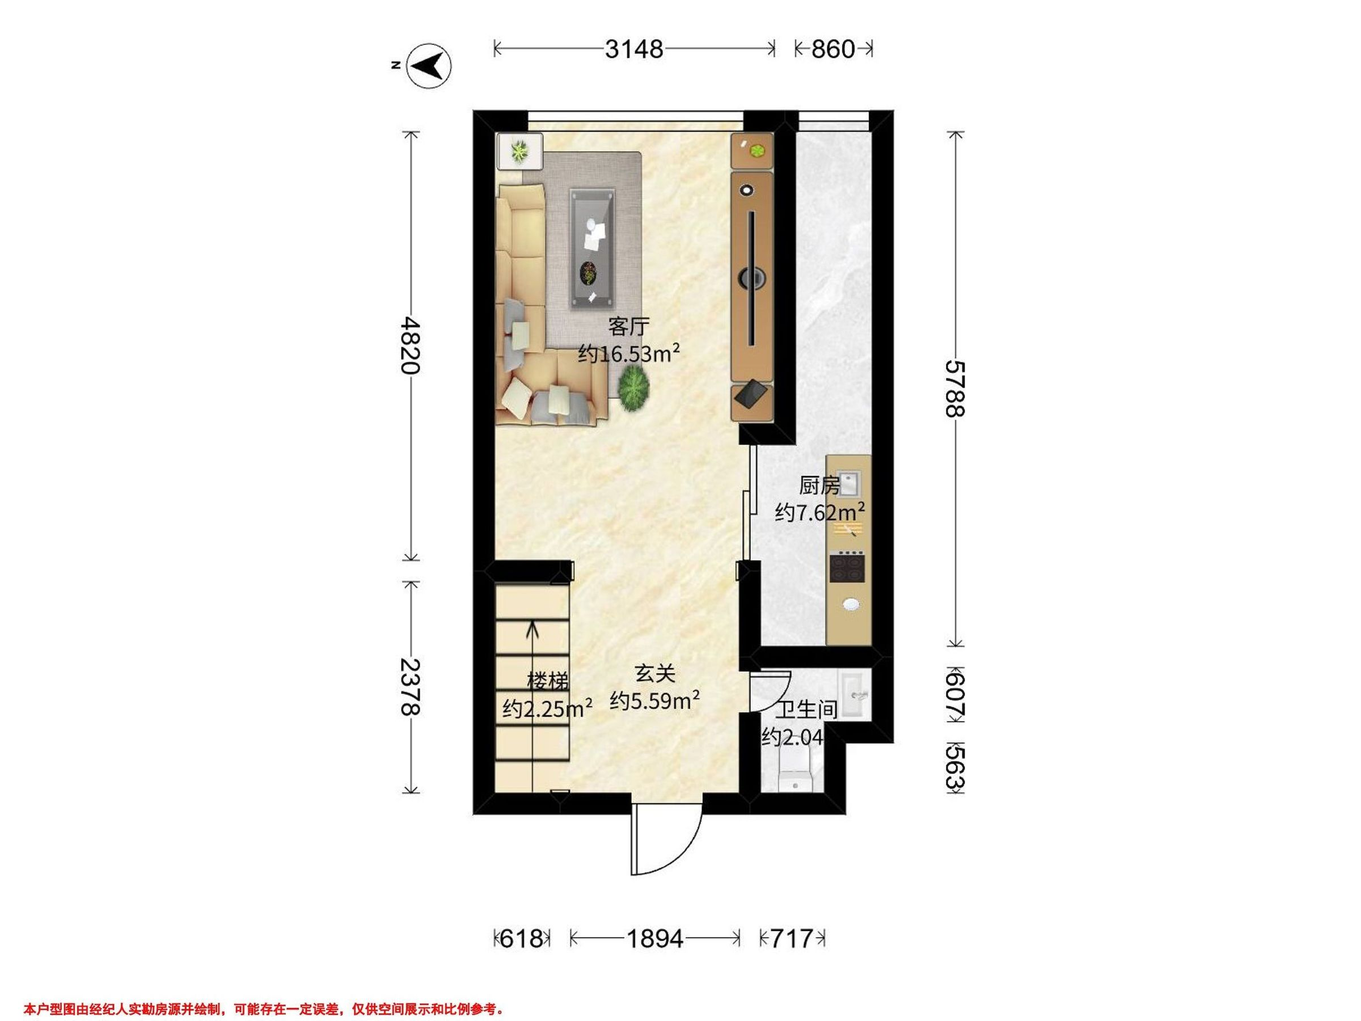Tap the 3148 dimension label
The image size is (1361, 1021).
(x=634, y=49)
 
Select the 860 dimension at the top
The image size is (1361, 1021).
(x=833, y=49)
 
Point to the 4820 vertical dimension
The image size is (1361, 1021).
(x=411, y=345)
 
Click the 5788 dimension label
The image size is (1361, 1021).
(x=955, y=389)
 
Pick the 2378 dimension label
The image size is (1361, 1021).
(x=411, y=687)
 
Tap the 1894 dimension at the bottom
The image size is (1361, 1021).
(x=654, y=939)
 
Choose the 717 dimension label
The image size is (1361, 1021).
(x=792, y=939)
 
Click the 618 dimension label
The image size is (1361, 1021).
(x=522, y=939)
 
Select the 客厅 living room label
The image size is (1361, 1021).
(x=629, y=327)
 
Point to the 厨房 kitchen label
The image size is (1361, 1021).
(x=819, y=486)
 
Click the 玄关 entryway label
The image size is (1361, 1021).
(x=656, y=673)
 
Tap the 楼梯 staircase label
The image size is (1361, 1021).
(x=548, y=681)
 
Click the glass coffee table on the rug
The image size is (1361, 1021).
(x=592, y=248)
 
